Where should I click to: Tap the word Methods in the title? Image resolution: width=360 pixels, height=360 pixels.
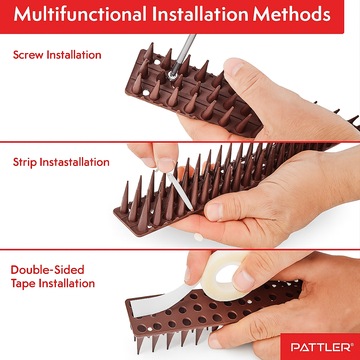292,14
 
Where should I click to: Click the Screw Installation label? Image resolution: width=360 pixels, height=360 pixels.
57,55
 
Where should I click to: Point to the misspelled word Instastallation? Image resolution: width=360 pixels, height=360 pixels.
75,162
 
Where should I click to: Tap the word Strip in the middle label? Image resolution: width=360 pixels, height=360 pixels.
25,162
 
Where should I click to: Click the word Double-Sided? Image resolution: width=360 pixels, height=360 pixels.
47,270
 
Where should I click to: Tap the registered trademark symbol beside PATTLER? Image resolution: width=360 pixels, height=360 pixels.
352,345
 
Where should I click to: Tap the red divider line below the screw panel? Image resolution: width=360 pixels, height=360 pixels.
180,142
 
